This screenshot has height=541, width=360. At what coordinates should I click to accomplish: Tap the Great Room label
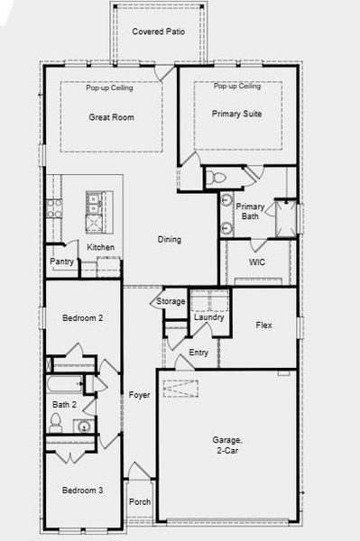[x=111, y=117]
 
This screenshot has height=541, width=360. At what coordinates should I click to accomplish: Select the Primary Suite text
[x=236, y=114]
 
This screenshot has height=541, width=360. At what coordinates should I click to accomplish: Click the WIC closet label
[x=257, y=262]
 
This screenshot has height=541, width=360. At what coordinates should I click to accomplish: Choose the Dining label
[x=170, y=240]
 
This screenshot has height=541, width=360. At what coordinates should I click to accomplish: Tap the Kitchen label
[x=100, y=247]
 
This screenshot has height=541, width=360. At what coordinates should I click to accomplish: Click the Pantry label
[x=61, y=262]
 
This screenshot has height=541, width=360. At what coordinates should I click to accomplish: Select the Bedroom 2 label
[x=82, y=318]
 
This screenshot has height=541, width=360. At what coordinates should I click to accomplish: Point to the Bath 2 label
[x=64, y=405]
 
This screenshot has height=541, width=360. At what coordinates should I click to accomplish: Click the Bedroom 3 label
[x=82, y=491]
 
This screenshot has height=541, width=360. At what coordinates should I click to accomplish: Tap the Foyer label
[x=139, y=395]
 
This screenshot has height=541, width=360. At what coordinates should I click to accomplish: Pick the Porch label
[x=140, y=502]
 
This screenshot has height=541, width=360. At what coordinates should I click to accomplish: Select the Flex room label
[x=264, y=325]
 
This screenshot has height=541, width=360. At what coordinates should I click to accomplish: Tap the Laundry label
[x=208, y=317]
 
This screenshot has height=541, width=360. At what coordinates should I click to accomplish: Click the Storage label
[x=171, y=301]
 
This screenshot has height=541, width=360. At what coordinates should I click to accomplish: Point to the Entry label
[x=198, y=352]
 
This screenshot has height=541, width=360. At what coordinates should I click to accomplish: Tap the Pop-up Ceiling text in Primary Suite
[x=237, y=87]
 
